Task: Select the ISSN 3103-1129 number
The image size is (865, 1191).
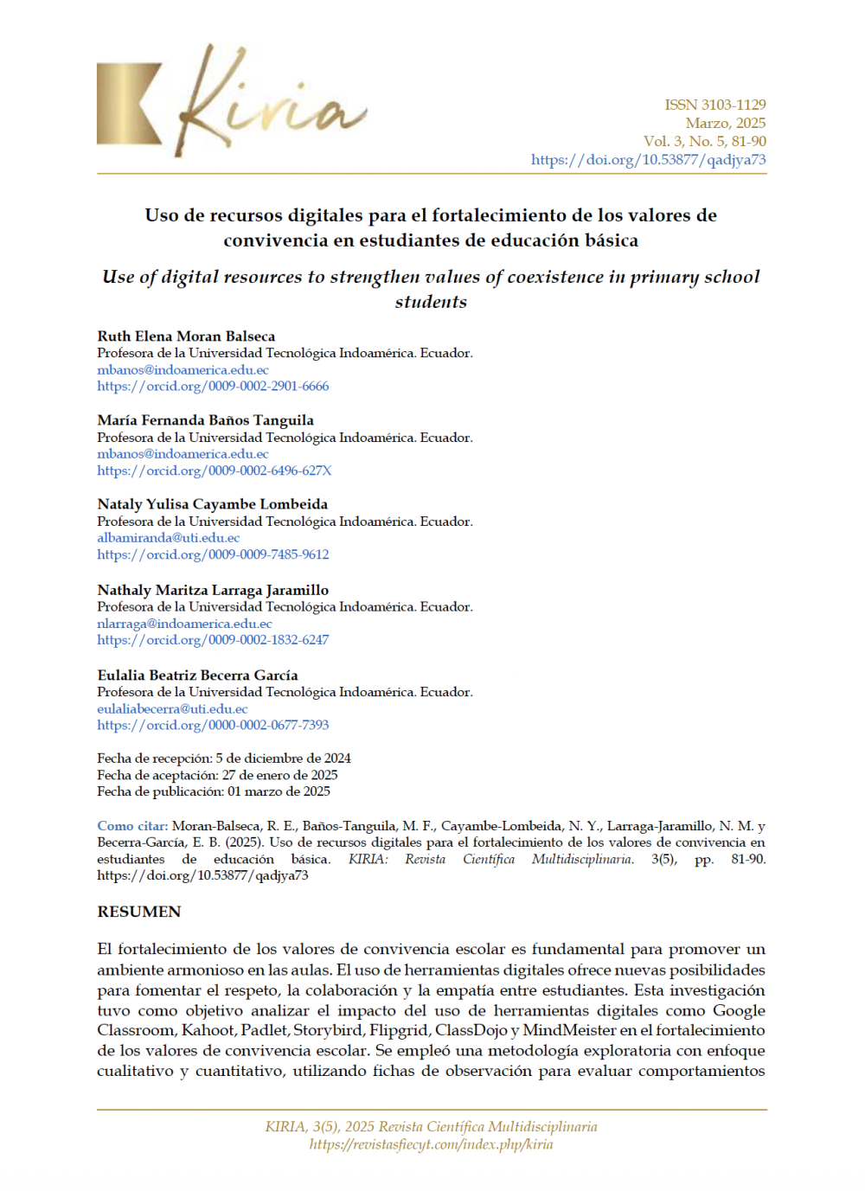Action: coord(714,105)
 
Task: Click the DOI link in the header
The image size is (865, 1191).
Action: coord(648,160)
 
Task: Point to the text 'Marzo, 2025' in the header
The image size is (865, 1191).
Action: coord(725,123)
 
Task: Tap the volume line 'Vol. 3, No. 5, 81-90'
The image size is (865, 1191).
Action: coord(704,141)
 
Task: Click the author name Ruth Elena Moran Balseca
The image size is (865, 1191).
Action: coord(186,336)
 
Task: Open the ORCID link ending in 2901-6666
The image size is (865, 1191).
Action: coord(213,387)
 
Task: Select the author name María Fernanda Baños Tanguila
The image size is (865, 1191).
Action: coord(205,420)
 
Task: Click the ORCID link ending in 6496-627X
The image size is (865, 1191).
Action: coord(214,471)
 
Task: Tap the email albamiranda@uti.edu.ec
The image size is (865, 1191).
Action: coord(168,538)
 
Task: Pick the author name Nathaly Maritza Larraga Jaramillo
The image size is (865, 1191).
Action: coord(213,590)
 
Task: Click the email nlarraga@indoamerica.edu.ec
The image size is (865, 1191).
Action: coord(184,624)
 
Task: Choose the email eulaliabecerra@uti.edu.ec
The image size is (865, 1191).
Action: coord(172,709)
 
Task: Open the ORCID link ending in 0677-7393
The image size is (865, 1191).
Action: coord(213,726)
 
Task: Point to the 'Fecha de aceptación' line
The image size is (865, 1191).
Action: coord(217,775)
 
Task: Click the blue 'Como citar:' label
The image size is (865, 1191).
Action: coord(132,826)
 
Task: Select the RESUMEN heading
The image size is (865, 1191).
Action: coord(139,912)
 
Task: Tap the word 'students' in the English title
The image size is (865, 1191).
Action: coord(431,302)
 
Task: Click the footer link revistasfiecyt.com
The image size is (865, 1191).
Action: coord(431,1144)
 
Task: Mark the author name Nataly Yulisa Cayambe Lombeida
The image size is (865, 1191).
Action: coord(212,504)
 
